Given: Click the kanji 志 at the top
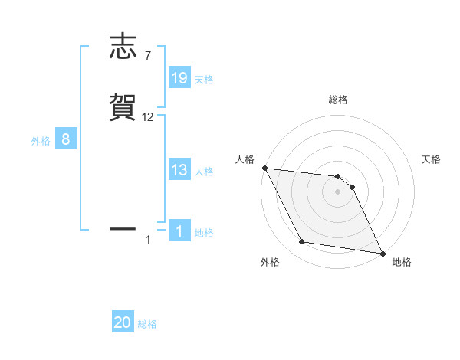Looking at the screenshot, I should pyautogui.click(x=123, y=47).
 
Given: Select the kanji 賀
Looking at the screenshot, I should pyautogui.click(x=123, y=108).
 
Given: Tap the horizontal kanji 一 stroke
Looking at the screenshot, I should pyautogui.click(x=123, y=228).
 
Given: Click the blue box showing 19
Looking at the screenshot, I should pyautogui.click(x=179, y=77).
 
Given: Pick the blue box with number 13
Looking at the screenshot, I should pyautogui.click(x=179, y=170).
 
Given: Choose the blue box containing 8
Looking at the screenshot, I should pyautogui.click(x=66, y=139).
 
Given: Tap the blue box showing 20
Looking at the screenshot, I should pyautogui.click(x=123, y=322).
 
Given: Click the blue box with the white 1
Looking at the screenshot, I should pyautogui.click(x=179, y=231).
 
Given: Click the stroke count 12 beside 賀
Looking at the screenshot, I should pyautogui.click(x=148, y=116).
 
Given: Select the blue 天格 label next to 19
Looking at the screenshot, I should pyautogui.click(x=204, y=79).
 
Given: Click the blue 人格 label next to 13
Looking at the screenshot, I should pyautogui.click(x=204, y=172).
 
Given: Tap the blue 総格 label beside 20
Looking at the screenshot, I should pyautogui.click(x=147, y=324).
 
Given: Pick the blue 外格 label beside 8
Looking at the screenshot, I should pyautogui.click(x=41, y=141).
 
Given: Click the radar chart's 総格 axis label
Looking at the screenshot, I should pyautogui.click(x=338, y=100).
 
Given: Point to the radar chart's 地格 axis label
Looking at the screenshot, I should pyautogui.click(x=402, y=262).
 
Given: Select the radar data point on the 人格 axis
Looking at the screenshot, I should pyautogui.click(x=264, y=168).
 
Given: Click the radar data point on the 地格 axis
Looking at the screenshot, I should pyautogui.click(x=381, y=253).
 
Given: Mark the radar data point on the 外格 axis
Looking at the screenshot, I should pyautogui.click(x=302, y=242).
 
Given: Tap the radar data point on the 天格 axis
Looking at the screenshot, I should pyautogui.click(x=352, y=187).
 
